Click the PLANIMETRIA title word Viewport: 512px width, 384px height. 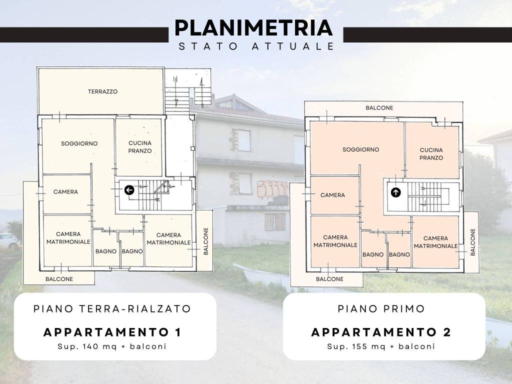pos(253,28)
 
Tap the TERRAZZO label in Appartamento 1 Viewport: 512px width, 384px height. pos(102,92)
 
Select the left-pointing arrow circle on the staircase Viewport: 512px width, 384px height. pos(129,190)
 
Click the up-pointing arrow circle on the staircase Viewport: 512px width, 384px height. pos(396,192)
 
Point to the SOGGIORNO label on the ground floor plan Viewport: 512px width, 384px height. pos(79,143)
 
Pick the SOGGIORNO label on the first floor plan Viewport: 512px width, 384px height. pos(361,149)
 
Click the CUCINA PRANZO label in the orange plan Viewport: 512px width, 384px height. pos(431,154)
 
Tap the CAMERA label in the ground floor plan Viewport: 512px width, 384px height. pos(65,192)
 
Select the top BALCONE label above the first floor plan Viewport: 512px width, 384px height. pos(379,108)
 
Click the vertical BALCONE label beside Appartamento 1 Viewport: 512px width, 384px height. pos(206,241)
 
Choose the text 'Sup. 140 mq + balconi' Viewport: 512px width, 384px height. pos(112,346)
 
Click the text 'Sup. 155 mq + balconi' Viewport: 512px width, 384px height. pos(381,346)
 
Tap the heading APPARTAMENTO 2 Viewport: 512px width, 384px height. pos(381,332)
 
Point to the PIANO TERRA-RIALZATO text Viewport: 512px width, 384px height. pos(112,308)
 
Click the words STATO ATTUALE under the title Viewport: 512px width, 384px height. pos(256,46)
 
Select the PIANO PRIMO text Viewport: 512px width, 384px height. pos(381,308)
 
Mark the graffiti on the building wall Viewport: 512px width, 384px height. pos(272,189)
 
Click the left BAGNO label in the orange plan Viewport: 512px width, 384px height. pos(373,254)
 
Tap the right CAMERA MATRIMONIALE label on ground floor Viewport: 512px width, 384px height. pos(168,239)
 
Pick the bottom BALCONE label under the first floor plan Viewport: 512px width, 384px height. pos(330,279)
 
